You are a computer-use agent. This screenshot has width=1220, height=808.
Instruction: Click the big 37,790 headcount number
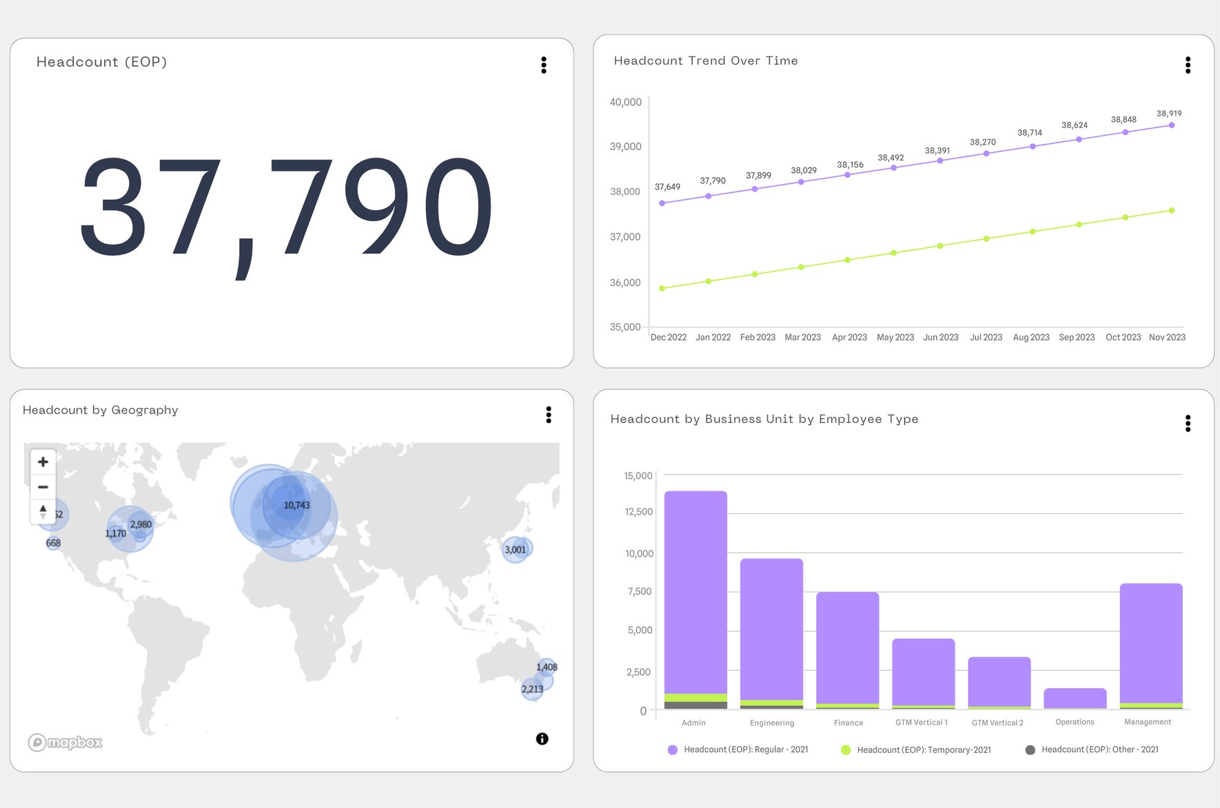click(x=286, y=207)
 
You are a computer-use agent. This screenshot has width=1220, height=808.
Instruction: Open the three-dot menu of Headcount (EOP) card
click(x=544, y=65)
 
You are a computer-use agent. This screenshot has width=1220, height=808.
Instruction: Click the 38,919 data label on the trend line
click(x=1168, y=114)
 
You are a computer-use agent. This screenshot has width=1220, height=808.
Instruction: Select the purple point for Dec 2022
click(x=662, y=203)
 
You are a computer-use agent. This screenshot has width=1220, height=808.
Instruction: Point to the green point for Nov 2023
click(x=1172, y=211)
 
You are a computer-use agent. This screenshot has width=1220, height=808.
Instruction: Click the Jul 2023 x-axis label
click(x=986, y=338)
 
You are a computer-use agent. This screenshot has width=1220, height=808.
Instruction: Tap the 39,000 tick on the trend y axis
click(x=625, y=147)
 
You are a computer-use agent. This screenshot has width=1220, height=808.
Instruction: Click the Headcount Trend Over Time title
click(x=706, y=61)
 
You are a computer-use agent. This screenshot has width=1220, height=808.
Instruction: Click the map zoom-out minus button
click(x=43, y=487)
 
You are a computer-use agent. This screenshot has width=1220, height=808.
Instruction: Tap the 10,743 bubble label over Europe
click(x=296, y=506)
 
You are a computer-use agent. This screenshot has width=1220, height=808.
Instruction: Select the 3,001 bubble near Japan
click(x=515, y=550)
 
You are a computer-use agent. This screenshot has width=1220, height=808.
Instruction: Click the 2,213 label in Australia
click(x=532, y=689)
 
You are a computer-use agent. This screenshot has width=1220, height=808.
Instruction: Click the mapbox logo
click(x=65, y=742)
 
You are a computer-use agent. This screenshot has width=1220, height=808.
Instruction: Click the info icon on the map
click(x=542, y=738)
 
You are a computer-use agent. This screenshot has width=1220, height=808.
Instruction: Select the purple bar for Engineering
click(x=771, y=627)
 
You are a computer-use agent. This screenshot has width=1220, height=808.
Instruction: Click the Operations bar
click(x=1075, y=698)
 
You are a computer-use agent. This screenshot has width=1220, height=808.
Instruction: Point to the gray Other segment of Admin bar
click(x=695, y=705)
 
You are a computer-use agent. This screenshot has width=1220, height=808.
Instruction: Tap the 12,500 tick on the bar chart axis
click(x=639, y=512)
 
